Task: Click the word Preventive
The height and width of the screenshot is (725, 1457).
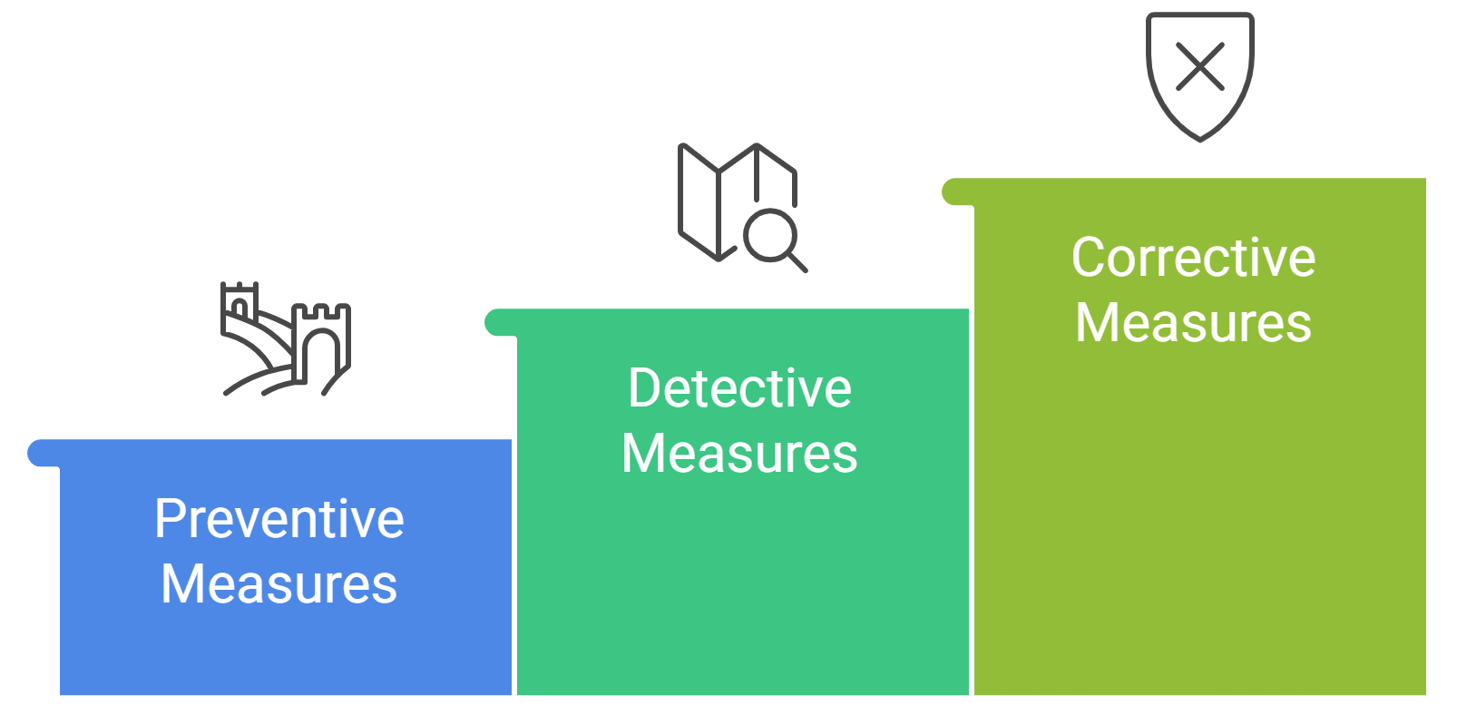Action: (279, 519)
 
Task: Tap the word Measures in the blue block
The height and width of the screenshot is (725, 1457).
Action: (279, 583)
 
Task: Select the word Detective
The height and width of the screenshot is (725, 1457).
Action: (739, 388)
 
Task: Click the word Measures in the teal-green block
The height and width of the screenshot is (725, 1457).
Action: (739, 453)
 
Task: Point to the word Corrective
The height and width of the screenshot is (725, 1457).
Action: (1193, 258)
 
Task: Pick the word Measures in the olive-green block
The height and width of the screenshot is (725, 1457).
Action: (1193, 322)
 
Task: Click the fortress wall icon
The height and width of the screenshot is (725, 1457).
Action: (286, 338)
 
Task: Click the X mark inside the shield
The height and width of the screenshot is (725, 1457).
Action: (1199, 67)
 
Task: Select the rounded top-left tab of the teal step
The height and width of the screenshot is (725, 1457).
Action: (497, 322)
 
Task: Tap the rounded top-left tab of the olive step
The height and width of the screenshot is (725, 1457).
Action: (953, 192)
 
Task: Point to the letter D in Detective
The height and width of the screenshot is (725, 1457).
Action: (643, 388)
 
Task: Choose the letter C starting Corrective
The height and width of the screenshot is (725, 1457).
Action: (1088, 258)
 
